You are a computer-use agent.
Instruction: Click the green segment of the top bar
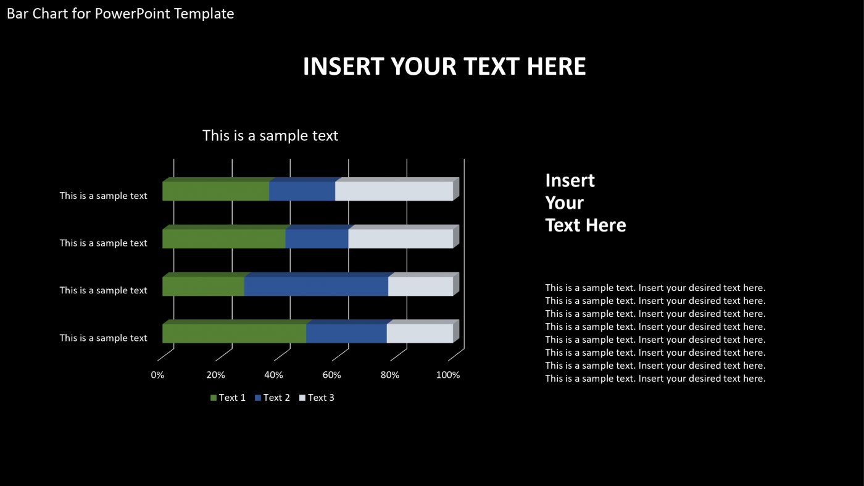pos(215,191)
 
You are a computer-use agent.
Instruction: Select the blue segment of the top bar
pos(302,191)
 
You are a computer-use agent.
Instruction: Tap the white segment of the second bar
pos(401,239)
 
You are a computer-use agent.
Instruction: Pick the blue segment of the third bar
pos(316,287)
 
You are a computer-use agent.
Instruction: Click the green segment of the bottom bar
pos(234,333)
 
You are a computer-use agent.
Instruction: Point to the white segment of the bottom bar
pos(420,333)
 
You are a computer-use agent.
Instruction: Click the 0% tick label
pos(157,375)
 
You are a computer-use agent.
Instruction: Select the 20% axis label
pos(215,375)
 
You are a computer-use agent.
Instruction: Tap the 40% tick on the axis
pos(273,375)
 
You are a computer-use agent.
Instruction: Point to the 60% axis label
pos(332,375)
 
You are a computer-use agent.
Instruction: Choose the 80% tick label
pos(390,375)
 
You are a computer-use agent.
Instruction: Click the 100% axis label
pos(448,375)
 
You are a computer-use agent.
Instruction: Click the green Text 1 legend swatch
pos(214,398)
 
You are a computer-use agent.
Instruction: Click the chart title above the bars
pos(270,135)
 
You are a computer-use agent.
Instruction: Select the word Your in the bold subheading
pos(564,203)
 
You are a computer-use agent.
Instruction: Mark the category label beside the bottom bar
pos(103,338)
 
